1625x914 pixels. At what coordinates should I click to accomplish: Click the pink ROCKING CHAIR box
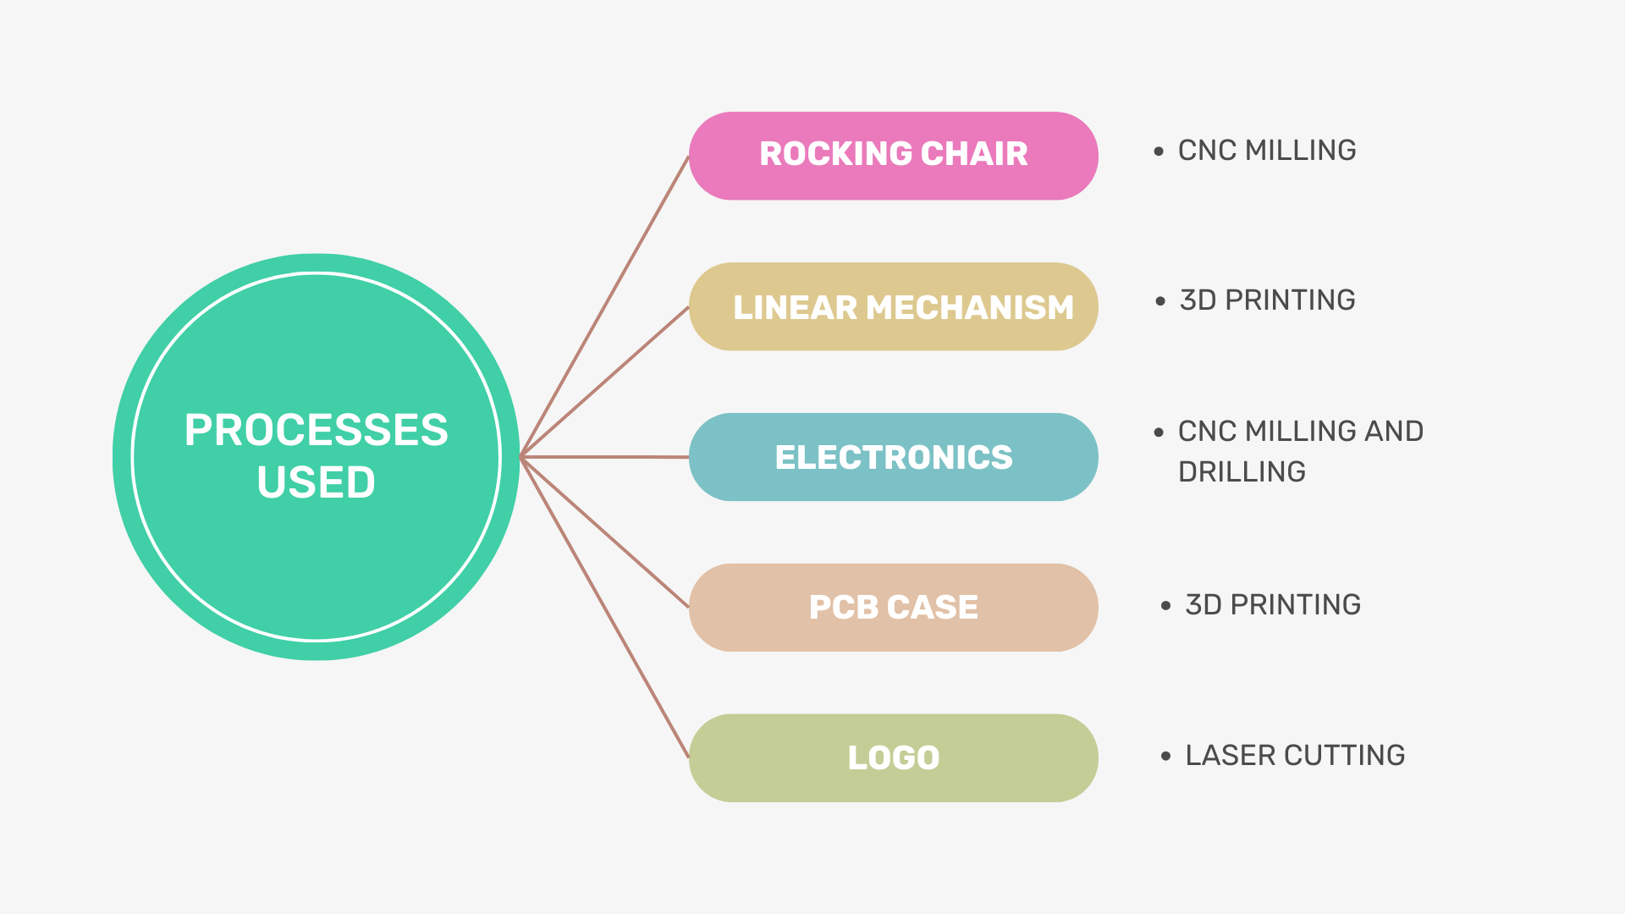pos(893,156)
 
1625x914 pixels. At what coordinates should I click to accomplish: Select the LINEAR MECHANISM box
pos(893,306)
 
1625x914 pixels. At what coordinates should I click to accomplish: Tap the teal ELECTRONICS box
pos(893,457)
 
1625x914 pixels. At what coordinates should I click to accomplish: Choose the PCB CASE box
pos(893,608)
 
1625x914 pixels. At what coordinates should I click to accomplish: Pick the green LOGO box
pos(893,757)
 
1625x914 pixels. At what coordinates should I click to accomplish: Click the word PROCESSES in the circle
pos(316,430)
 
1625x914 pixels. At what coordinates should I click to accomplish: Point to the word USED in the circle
pos(316,482)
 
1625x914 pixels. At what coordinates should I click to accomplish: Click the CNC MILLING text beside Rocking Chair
pos(1267,151)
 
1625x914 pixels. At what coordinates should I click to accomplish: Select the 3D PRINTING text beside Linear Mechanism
pos(1267,300)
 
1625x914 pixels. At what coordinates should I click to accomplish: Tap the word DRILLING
pos(1242,472)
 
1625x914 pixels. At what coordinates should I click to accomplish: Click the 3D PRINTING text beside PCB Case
pos(1273,605)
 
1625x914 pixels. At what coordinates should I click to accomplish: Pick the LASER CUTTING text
pos(1295,756)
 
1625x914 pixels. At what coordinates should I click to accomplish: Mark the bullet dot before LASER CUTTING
pos(1165,756)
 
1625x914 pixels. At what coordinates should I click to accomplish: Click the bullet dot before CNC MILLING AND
pos(1159,432)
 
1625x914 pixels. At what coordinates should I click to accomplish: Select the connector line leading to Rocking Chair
pos(605,306)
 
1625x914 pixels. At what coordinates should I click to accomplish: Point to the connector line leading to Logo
pos(605,608)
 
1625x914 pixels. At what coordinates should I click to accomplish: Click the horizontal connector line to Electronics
pos(605,457)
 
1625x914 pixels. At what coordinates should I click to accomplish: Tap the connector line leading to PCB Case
pos(605,532)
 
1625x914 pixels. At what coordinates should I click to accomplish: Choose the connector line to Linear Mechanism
pos(605,382)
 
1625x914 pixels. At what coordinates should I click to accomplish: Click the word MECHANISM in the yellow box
pos(970,307)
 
